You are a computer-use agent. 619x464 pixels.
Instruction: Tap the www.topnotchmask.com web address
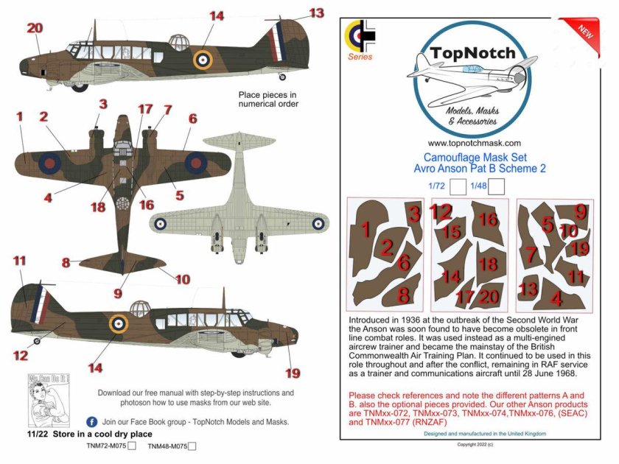pos(475,144)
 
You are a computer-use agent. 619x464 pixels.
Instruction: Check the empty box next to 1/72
pos(456,187)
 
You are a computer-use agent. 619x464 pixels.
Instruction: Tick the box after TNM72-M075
pos(133,446)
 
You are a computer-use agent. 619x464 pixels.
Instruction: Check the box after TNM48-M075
pos(192,446)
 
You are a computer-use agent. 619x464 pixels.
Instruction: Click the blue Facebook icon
pos(91,422)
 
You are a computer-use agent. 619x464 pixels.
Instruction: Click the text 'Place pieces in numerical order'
pos(268,99)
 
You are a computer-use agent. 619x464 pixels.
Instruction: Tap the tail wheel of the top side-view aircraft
pos(281,75)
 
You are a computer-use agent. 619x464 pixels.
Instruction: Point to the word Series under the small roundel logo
pos(360,57)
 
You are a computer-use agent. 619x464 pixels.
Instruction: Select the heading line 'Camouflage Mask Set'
pos(475,157)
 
